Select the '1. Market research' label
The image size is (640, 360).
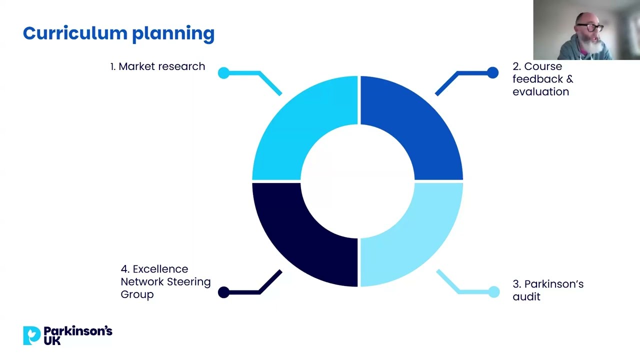[157, 66]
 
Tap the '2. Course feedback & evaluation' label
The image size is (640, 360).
[542, 79]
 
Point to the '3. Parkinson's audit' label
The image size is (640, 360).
[547, 290]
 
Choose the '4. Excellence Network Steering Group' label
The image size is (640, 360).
[165, 281]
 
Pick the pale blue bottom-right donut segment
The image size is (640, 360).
[420, 235]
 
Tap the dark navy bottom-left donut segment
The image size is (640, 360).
[295, 235]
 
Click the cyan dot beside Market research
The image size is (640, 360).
[223, 73]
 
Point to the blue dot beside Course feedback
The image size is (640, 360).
[492, 73]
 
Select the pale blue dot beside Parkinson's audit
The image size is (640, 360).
[493, 292]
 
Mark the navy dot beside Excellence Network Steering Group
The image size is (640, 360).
[223, 292]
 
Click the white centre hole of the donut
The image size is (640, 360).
[357, 181]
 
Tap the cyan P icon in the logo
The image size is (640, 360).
[31, 335]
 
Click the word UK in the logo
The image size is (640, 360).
[52, 341]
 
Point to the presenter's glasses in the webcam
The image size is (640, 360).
[591, 27]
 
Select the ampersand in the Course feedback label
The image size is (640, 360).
[569, 79]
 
